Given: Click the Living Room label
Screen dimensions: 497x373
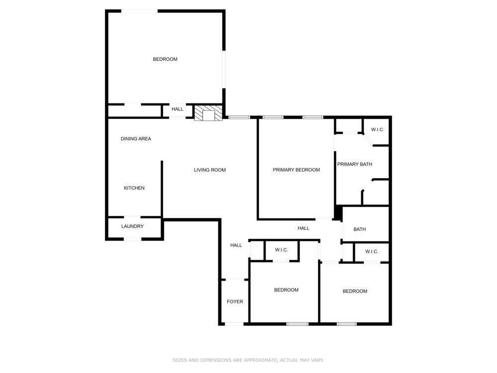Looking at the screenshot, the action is [210, 170].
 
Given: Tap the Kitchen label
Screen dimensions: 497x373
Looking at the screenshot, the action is [134, 188].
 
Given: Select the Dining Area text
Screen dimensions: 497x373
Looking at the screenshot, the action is [136, 139].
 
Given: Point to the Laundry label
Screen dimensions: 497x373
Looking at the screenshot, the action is [133, 226].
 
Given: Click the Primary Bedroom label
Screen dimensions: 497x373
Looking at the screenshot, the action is [296, 170].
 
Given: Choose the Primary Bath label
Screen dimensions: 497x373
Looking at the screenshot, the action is [355, 164].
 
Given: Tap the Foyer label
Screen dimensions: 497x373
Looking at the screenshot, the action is [235, 302].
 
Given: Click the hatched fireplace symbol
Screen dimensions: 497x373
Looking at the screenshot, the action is [208, 113].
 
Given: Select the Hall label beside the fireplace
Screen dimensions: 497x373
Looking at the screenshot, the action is [177, 109].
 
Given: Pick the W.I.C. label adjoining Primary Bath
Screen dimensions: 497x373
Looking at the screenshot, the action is [378, 130].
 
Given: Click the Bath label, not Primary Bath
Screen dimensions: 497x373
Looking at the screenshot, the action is [360, 229].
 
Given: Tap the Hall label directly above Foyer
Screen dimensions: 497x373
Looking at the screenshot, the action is [236, 245].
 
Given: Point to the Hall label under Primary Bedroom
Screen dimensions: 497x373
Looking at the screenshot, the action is [303, 228].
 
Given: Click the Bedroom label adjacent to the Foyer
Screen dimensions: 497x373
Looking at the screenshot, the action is [286, 290].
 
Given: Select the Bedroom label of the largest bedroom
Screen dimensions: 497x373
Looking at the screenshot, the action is [165, 59].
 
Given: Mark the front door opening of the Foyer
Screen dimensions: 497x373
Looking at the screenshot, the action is [234, 324].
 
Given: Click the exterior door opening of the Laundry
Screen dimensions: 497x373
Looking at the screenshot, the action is [133, 239].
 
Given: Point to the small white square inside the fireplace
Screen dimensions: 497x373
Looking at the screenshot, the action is [208, 115].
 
